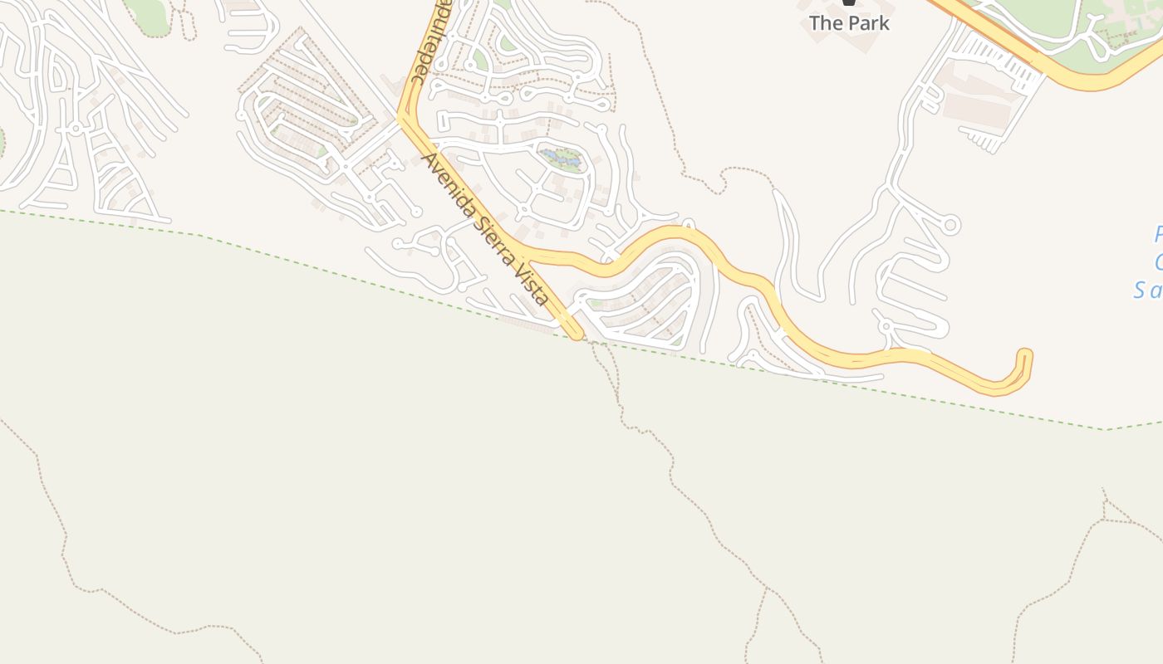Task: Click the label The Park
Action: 849,23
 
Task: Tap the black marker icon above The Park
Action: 848,2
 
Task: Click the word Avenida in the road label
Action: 441,178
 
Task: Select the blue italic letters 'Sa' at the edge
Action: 1148,290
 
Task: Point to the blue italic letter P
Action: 1158,235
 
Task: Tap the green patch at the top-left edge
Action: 150,15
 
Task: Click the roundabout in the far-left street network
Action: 76,129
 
